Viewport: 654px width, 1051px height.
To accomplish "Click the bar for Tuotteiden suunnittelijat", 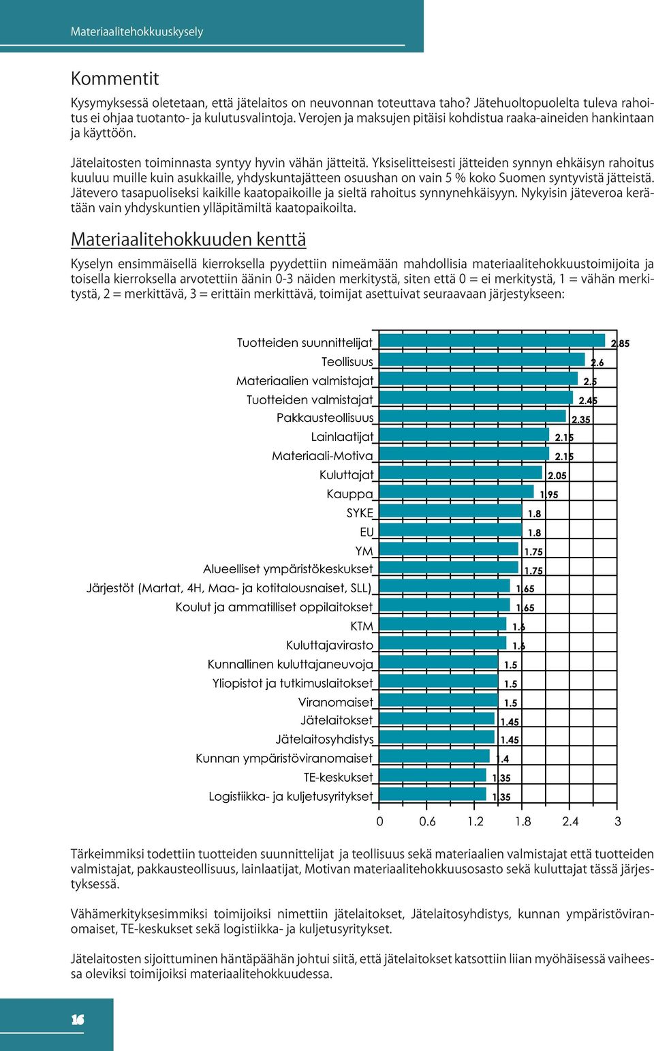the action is [x=492, y=341].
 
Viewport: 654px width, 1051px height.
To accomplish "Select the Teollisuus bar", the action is [x=482, y=360].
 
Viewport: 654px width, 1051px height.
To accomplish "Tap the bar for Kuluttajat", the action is [x=461, y=473].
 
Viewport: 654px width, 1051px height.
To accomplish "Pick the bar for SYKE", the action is [x=450, y=511].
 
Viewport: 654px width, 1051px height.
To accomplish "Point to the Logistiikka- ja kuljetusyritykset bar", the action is [x=432, y=794].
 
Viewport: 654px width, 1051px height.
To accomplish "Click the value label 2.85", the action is [x=620, y=344].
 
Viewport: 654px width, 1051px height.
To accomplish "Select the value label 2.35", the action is [x=581, y=420].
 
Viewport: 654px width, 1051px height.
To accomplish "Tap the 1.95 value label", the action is [x=549, y=495].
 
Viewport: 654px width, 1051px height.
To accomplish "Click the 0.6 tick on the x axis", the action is [x=426, y=821].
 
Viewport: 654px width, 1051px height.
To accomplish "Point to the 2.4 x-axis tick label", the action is [x=570, y=821].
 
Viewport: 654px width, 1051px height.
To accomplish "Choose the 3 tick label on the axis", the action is [x=617, y=821].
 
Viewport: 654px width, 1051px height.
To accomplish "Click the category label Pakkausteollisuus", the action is [x=325, y=418].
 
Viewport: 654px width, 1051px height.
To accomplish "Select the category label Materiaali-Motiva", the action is [x=322, y=455].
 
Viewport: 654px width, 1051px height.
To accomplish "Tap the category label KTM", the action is [x=362, y=626].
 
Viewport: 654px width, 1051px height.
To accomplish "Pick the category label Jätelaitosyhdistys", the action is [x=324, y=740].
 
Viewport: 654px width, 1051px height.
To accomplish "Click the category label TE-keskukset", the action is [x=338, y=778].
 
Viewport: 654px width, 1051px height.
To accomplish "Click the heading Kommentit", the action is [x=115, y=78].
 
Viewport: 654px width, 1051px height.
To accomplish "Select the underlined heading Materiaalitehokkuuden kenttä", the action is [x=189, y=239].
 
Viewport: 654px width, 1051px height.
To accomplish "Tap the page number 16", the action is [x=78, y=1020].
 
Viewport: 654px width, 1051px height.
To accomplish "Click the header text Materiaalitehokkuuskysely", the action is [x=137, y=32].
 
